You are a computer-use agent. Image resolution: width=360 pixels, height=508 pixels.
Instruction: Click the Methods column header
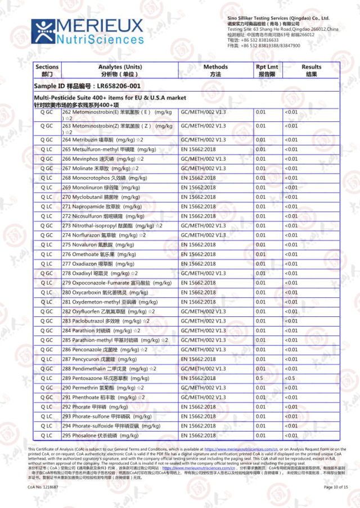click(215, 70)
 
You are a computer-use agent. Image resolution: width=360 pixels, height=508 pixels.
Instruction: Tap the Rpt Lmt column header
click(267, 70)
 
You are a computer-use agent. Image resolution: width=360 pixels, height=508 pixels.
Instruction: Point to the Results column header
click(311, 70)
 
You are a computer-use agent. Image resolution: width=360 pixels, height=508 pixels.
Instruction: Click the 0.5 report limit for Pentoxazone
click(259, 378)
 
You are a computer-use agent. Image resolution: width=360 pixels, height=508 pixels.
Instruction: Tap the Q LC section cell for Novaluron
click(47, 244)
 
